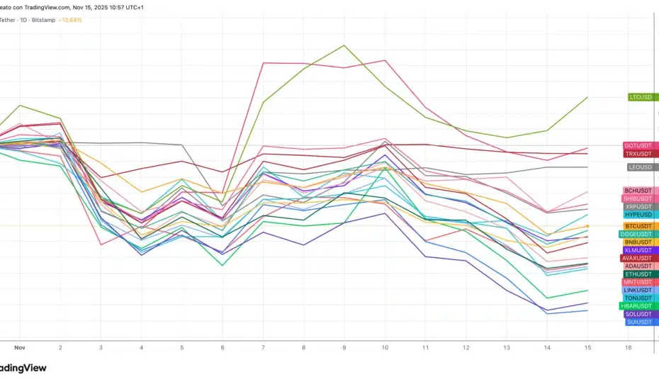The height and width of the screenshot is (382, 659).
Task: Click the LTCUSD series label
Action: (641, 97)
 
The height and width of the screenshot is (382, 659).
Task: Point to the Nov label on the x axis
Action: (20, 348)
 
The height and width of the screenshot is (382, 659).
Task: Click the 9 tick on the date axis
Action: (344, 348)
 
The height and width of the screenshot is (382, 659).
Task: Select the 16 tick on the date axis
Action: (628, 348)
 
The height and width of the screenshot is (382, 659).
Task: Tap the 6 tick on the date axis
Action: (223, 348)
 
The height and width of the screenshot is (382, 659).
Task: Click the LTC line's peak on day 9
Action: (344, 45)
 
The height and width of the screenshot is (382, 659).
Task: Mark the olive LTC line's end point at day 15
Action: (587, 97)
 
